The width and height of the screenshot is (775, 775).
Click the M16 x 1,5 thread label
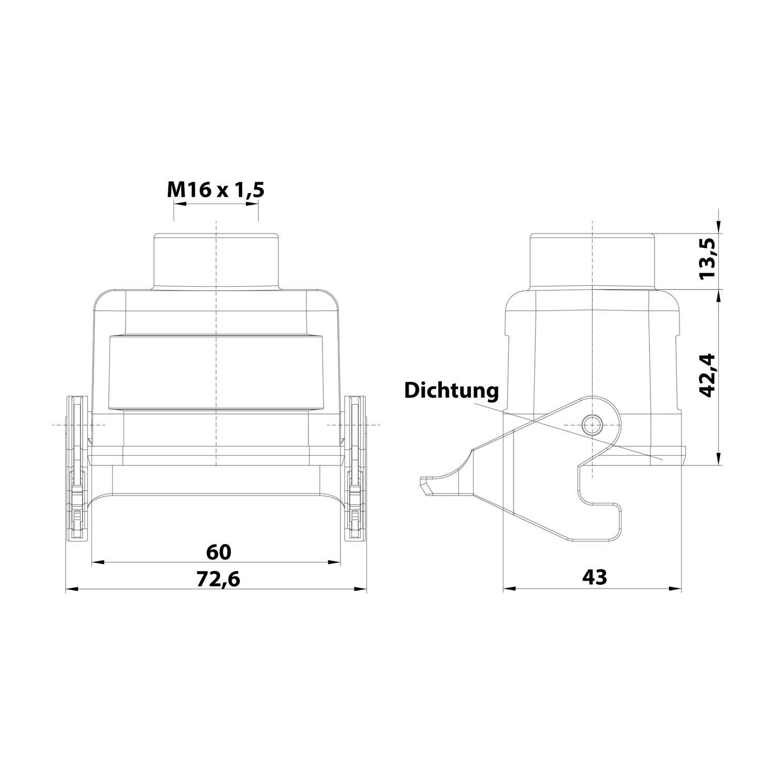coord(215,190)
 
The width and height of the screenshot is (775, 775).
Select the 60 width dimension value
coord(219,552)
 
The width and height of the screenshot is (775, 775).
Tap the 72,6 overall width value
coord(219,579)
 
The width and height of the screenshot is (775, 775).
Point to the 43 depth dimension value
coord(594,577)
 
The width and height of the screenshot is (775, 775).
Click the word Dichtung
coord(451,390)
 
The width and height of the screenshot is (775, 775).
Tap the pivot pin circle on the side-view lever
coord(591,425)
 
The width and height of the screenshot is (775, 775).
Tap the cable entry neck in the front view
coord(216,261)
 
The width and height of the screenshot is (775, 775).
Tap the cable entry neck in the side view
coord(593,261)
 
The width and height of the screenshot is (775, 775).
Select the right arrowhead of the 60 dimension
coord(335,562)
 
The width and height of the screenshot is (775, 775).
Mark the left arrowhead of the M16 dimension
coord(179,204)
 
